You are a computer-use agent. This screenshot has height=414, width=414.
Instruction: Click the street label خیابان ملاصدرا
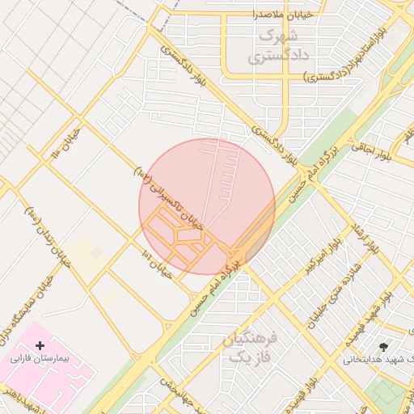point(280,15)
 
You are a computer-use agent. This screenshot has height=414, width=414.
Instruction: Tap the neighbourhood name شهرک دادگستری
point(272,47)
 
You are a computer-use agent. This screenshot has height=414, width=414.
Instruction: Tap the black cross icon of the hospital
point(40,345)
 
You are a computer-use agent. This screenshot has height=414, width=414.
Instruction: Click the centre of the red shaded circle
point(207,207)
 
